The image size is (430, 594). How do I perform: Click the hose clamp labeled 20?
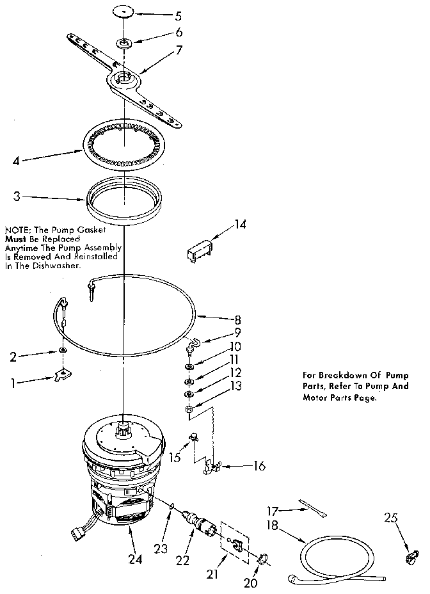[x=262, y=561]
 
